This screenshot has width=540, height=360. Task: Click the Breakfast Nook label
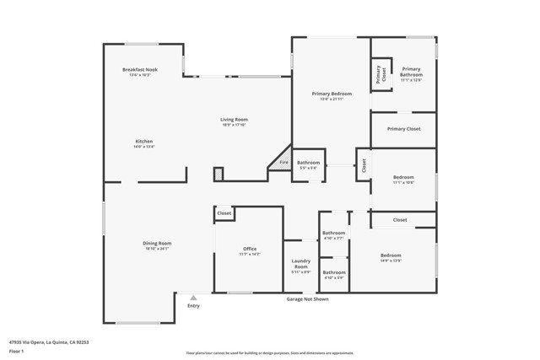140,69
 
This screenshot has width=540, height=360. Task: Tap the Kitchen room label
143,141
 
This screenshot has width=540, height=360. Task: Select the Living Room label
235,120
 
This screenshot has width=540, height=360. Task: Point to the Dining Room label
157,244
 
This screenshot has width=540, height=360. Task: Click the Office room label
250,249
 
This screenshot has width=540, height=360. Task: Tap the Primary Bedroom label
331,94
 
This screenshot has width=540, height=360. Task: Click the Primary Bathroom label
411,72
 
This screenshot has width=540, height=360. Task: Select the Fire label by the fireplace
283,162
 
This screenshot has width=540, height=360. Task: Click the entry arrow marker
193,298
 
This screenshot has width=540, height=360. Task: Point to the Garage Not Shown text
307,299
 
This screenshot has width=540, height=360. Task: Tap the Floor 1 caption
17,351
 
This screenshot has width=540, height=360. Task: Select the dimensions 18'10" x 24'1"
157,249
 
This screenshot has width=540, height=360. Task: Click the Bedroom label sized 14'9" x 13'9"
390,255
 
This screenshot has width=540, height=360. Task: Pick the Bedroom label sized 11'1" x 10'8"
403,177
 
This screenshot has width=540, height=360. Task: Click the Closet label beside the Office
224,214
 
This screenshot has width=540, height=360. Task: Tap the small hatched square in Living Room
218,173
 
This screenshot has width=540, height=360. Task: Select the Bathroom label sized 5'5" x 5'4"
308,162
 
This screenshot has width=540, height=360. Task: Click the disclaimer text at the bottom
270,352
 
